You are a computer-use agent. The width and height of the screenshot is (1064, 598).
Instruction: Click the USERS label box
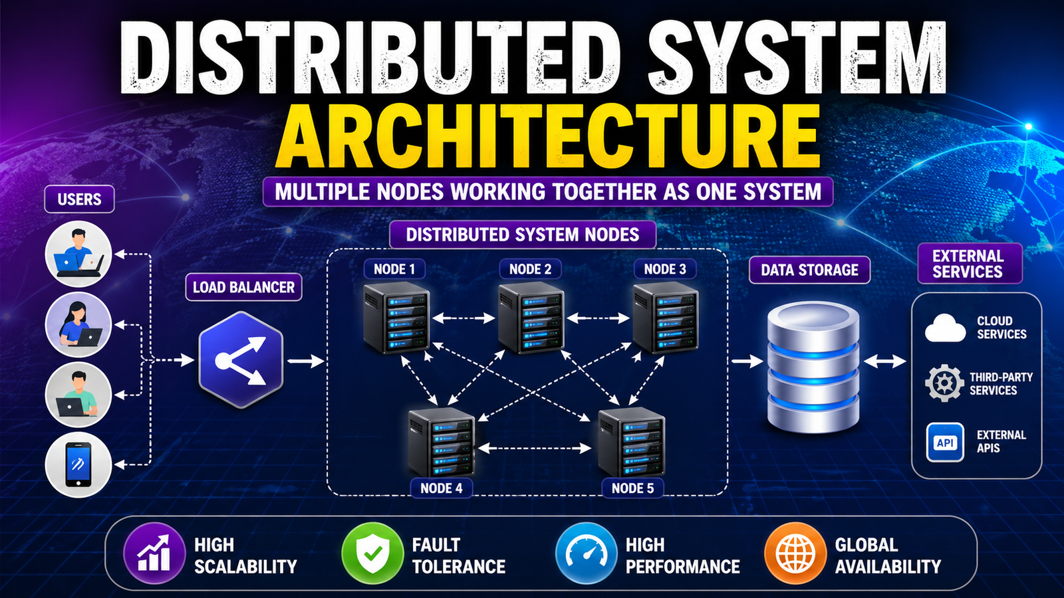tap(79, 199)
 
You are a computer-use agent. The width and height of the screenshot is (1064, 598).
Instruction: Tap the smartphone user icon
tap(78, 464)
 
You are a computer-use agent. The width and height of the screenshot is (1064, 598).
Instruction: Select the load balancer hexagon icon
tap(241, 360)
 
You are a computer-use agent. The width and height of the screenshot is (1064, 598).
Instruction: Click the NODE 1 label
tap(394, 269)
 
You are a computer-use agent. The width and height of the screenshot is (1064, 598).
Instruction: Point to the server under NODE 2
tap(531, 318)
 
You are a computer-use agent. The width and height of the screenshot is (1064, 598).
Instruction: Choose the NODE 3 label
tap(664, 269)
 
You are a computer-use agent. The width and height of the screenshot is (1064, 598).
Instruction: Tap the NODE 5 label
tap(632, 488)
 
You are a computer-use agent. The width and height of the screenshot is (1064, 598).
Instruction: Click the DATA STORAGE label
tap(809, 270)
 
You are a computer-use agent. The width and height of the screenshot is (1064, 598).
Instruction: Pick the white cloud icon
tap(945, 328)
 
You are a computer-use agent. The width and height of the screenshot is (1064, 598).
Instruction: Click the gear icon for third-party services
tap(944, 383)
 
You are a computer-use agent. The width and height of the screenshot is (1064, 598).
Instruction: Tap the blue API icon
tap(945, 443)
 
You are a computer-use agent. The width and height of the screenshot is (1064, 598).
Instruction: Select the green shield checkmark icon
tap(372, 553)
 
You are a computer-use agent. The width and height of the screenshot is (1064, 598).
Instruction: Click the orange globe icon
tap(795, 553)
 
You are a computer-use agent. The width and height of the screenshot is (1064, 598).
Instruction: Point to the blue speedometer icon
tap(586, 553)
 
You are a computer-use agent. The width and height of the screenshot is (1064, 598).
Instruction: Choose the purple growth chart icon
tap(154, 553)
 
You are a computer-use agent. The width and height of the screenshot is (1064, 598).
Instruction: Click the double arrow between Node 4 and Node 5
tap(535, 448)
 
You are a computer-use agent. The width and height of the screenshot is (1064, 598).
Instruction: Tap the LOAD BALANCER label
tap(243, 288)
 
